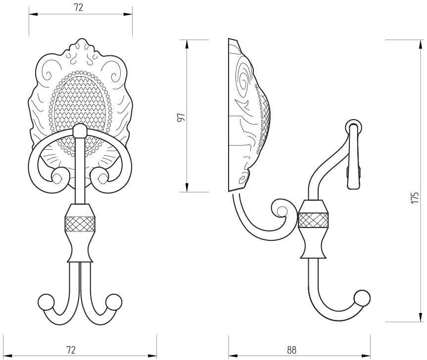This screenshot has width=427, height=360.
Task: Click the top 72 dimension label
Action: (x=78, y=7)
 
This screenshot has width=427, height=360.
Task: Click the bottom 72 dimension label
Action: (x=71, y=350)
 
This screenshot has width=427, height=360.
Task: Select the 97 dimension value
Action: (x=181, y=117)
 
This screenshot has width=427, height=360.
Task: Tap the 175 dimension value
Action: (x=414, y=198)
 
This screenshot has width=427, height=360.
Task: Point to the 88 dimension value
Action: (x=291, y=350)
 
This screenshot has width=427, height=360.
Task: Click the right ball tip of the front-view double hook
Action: (x=114, y=302)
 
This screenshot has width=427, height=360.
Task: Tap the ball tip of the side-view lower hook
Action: (x=363, y=298)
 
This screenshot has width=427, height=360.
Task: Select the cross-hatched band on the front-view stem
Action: (x=80, y=224)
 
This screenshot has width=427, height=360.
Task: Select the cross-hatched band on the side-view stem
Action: (x=313, y=221)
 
